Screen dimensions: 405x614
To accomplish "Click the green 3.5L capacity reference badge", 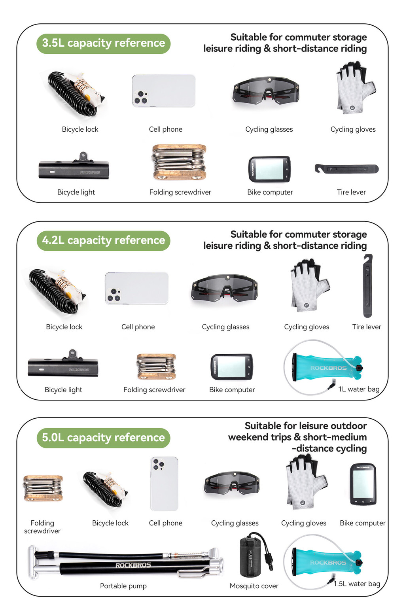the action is pyautogui.click(x=103, y=43).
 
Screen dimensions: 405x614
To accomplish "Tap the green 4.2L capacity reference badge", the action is pyautogui.click(x=103, y=241).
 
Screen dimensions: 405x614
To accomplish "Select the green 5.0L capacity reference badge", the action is pyautogui.click(x=103, y=438).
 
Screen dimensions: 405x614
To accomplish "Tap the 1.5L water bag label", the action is pyautogui.click(x=357, y=584).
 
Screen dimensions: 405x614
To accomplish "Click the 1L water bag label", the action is pyautogui.click(x=359, y=389).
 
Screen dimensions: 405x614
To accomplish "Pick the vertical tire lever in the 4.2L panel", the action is pyautogui.click(x=367, y=286).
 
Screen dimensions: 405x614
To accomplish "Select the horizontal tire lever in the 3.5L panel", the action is pyautogui.click(x=346, y=168).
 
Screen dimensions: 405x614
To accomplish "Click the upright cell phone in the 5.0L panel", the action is pyautogui.click(x=164, y=484).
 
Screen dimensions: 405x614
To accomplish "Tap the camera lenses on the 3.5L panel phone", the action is pyautogui.click(x=141, y=97).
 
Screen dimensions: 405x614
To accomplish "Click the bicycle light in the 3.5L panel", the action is pyautogui.click(x=74, y=166).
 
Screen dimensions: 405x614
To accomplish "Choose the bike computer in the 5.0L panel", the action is pyautogui.click(x=363, y=484).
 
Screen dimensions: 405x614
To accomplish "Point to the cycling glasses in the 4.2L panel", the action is pyautogui.click(x=225, y=288).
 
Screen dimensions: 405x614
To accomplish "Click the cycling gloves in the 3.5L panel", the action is pyautogui.click(x=356, y=88).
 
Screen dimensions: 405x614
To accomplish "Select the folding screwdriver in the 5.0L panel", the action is pyautogui.click(x=43, y=488).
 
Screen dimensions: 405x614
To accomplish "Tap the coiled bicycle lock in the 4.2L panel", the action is pyautogui.click(x=57, y=291).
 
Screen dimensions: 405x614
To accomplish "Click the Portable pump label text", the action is pyautogui.click(x=123, y=586).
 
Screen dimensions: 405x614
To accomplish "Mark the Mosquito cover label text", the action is pyautogui.click(x=254, y=586).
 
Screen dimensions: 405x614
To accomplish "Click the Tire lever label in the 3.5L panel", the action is pyautogui.click(x=351, y=192).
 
